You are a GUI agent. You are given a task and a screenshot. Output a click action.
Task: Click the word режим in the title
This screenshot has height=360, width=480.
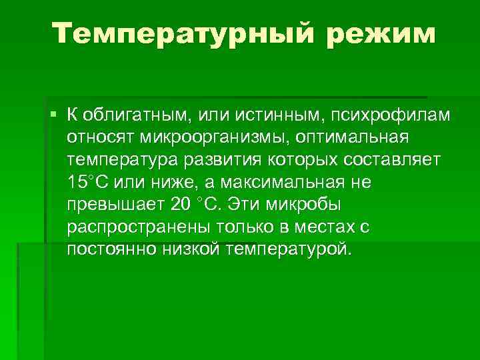click(x=379, y=33)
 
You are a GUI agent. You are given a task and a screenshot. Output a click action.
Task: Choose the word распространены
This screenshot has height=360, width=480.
click(x=126, y=227)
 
